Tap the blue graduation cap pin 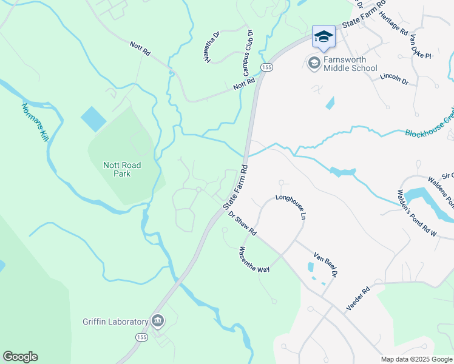324,36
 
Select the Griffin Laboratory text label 115,322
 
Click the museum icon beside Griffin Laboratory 158,320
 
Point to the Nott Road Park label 122,169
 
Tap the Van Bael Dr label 325,265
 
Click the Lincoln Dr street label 395,79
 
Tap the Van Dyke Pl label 420,47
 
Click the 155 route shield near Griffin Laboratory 141,337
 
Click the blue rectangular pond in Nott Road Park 93,118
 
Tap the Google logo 20,357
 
